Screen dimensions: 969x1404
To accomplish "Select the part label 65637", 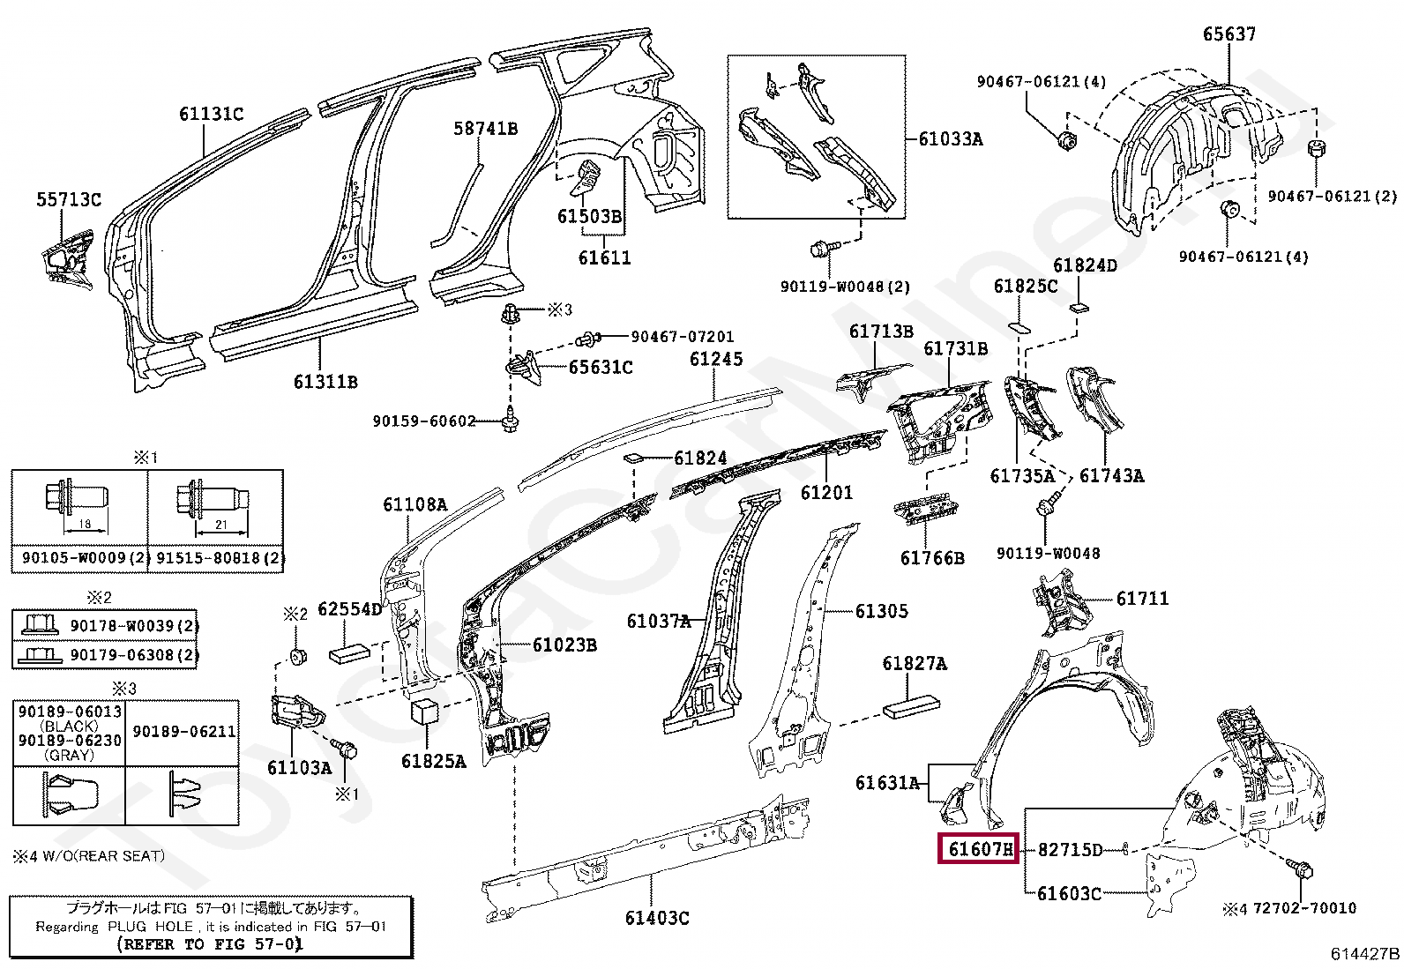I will (x=1228, y=34).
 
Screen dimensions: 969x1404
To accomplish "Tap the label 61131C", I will (x=211, y=114).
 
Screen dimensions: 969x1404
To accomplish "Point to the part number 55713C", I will (x=69, y=200).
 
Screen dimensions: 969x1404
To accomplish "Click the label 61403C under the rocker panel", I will (x=656, y=918).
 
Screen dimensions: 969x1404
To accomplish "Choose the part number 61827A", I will (x=915, y=664).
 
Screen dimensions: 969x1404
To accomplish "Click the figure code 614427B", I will (x=1364, y=953).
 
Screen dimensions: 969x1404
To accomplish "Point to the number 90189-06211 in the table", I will (x=183, y=731).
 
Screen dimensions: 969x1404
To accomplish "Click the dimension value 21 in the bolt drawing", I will (x=221, y=525).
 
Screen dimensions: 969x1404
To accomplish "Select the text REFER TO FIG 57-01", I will (x=210, y=943).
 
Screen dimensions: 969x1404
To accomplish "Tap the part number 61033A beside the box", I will (x=950, y=139).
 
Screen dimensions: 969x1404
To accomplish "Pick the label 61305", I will (x=881, y=611).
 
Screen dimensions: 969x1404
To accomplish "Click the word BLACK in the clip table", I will (x=69, y=726).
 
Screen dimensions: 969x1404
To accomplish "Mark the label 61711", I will (x=1142, y=599).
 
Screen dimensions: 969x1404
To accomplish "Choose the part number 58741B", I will (x=485, y=129).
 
